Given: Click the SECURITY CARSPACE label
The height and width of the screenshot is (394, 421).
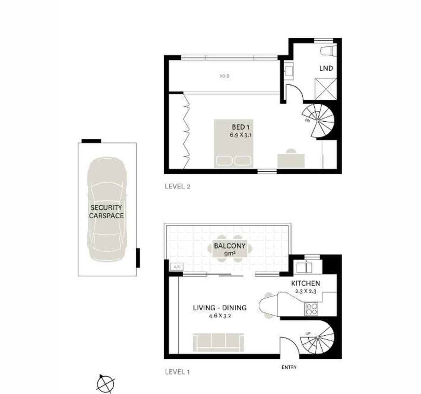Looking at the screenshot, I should [x=106, y=211].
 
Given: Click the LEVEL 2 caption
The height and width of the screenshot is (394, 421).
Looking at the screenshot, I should [x=177, y=186].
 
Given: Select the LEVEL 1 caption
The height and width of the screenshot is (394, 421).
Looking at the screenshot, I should [x=177, y=372].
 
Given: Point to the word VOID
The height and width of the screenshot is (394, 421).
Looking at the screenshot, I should [x=225, y=76].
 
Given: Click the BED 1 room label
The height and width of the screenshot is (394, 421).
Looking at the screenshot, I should [x=241, y=127].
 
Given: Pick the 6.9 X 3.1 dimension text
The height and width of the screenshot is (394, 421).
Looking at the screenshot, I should [x=241, y=135].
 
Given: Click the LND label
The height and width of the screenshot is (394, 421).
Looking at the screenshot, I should [x=326, y=68].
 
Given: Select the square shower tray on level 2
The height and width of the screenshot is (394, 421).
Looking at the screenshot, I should [x=326, y=89].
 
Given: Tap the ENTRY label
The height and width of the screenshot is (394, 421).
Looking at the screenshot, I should [x=289, y=367].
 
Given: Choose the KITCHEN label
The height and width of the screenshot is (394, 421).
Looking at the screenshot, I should [x=305, y=283].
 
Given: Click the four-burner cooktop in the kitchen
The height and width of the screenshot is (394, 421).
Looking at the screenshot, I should [x=311, y=309].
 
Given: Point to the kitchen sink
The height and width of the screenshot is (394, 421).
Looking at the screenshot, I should [x=304, y=267].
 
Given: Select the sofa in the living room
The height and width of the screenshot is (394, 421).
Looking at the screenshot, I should [x=219, y=342].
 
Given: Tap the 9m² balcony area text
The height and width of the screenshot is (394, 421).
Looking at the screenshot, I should [x=230, y=254].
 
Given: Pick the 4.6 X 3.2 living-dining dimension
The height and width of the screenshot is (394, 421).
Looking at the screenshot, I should [x=220, y=316].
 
